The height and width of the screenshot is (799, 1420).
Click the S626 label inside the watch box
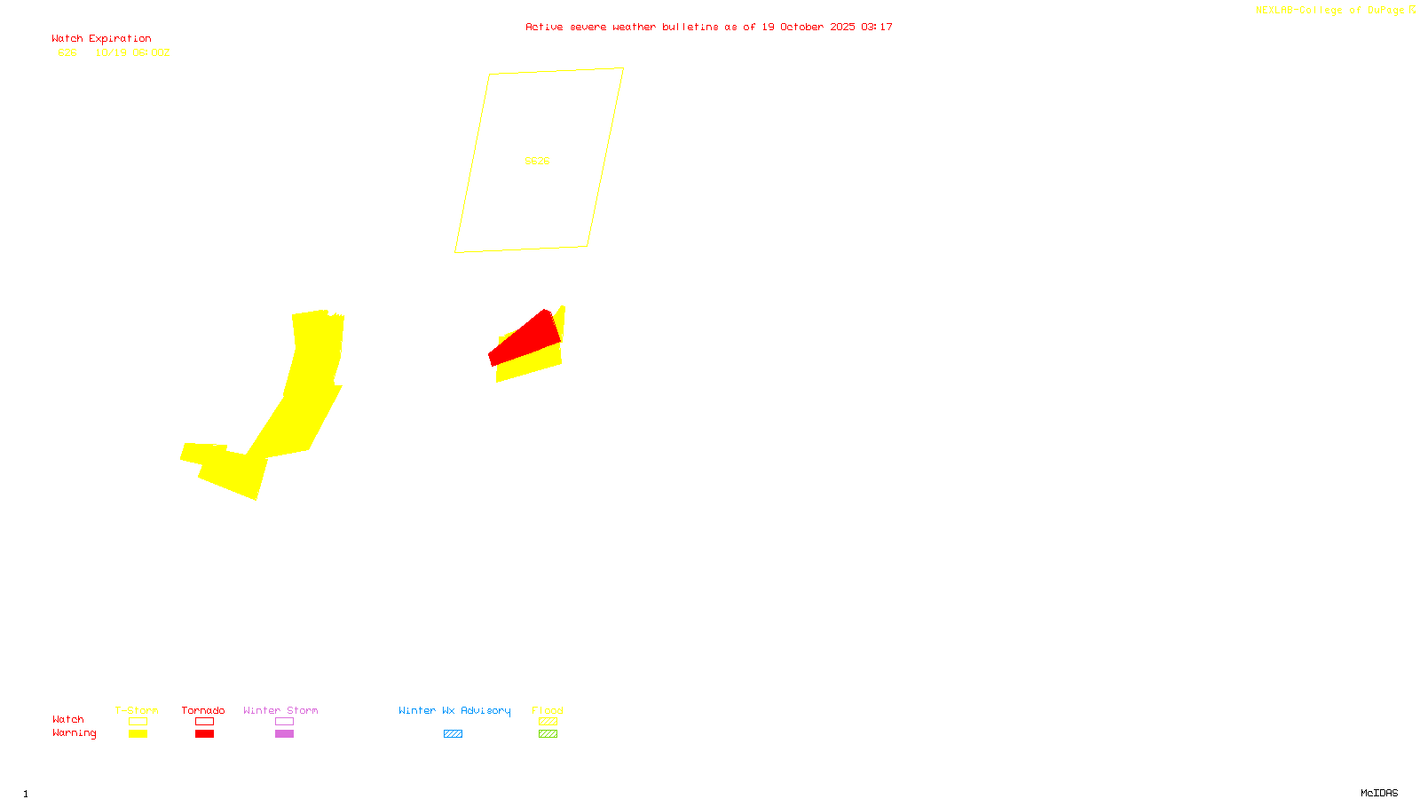coord(537,161)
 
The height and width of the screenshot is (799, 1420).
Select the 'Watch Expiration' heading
coord(101,39)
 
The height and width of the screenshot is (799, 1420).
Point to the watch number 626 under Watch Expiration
coord(67,52)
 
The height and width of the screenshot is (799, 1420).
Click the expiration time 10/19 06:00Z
coord(132,52)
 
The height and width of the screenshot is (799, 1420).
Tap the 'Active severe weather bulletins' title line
coord(708,27)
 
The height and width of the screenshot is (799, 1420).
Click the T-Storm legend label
coord(137,710)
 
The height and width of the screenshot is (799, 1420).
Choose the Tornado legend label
coord(203,710)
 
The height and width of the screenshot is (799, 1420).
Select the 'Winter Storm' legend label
coord(280,710)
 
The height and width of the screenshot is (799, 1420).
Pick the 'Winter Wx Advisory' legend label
coord(454,710)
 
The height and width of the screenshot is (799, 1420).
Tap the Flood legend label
coord(548,710)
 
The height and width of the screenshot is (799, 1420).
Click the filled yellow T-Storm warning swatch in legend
coord(138,734)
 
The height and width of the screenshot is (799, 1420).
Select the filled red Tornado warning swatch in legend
coord(204,734)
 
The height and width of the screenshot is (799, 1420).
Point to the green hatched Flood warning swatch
coord(548,734)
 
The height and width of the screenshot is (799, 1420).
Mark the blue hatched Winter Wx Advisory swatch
coord(453,734)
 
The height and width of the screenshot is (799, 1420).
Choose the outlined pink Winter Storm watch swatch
coord(284,722)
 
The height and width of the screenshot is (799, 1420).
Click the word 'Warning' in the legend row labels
coord(74,733)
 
